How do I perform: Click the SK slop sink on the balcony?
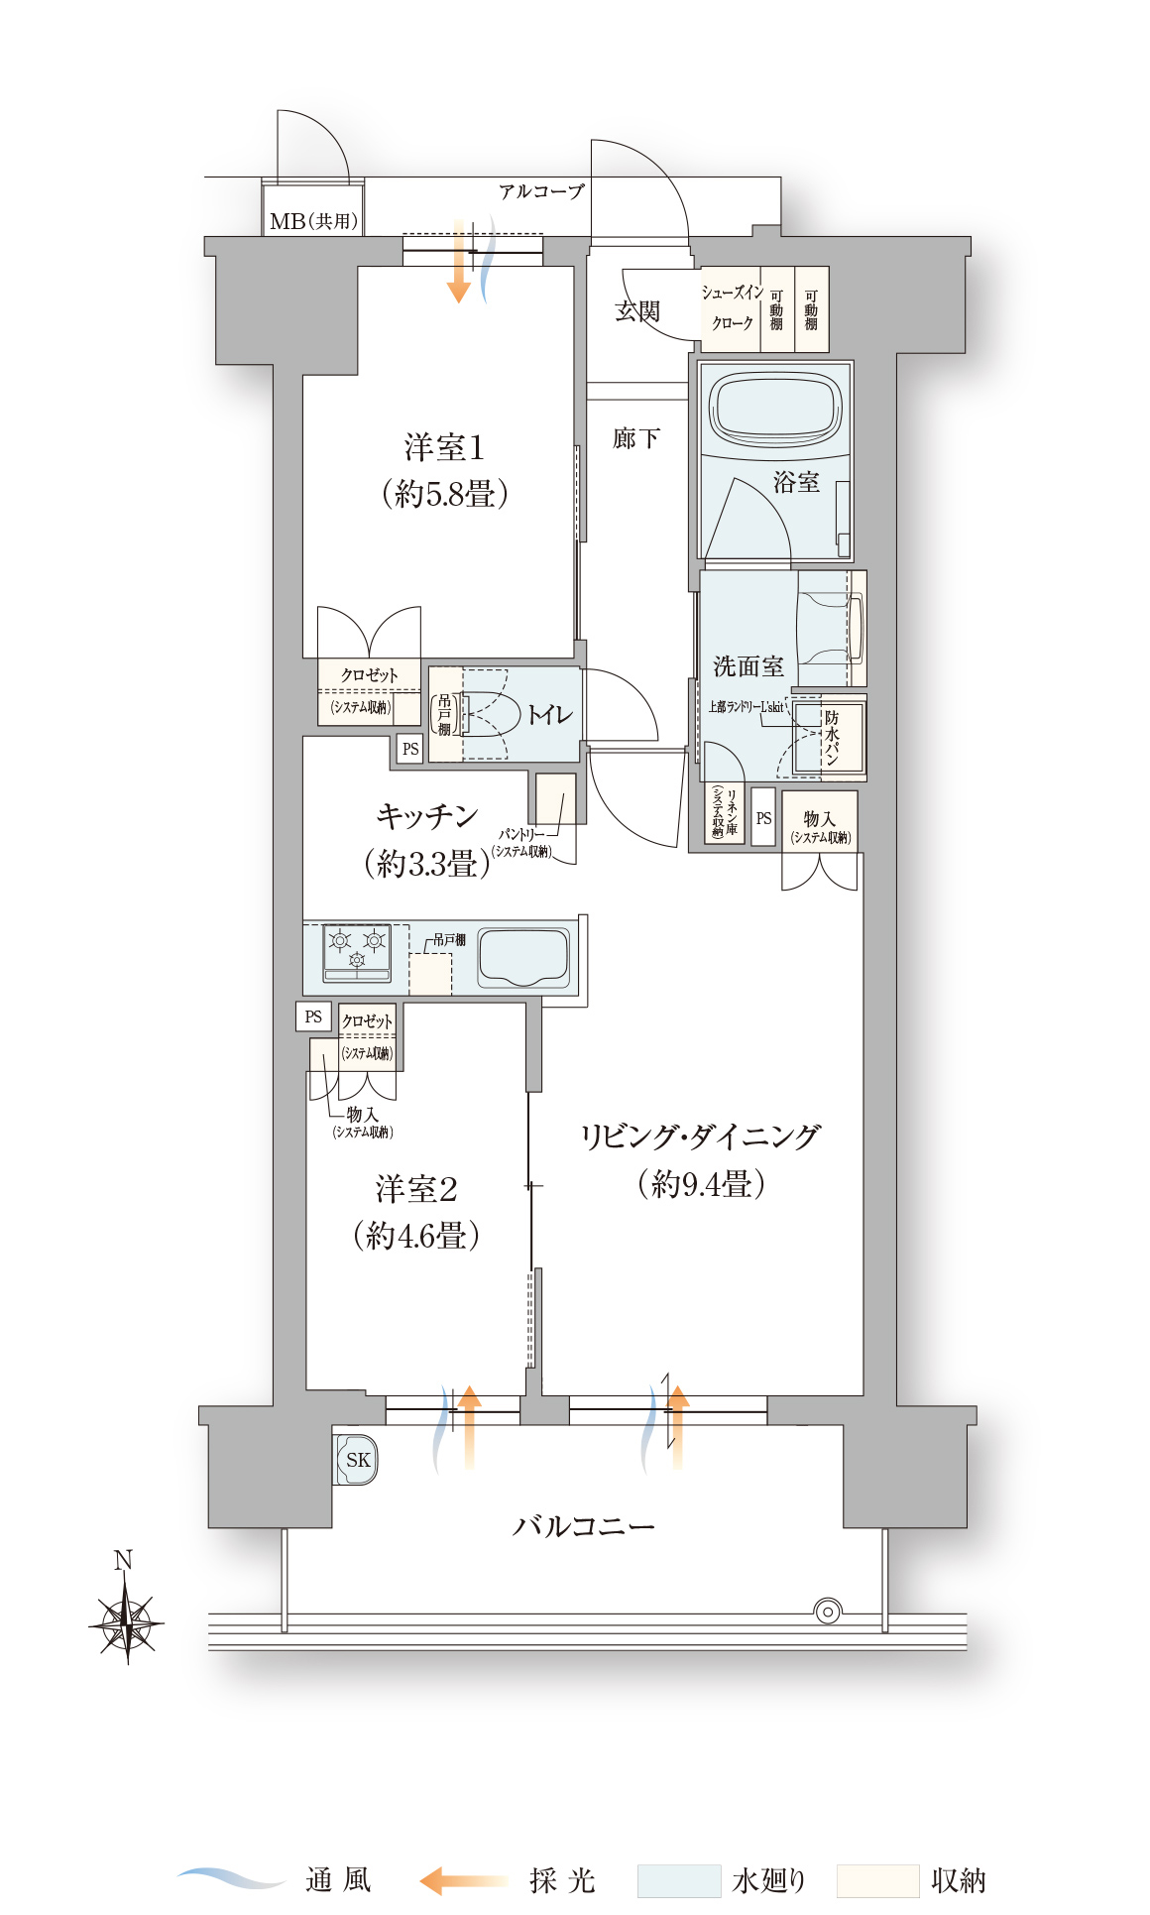tap(357, 1460)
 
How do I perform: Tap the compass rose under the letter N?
tap(127, 1624)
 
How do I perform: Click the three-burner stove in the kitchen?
tap(357, 952)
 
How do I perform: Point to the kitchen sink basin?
tap(522, 957)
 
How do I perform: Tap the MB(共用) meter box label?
tap(313, 221)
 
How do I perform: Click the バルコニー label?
tap(583, 1525)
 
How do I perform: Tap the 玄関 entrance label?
tap(636, 311)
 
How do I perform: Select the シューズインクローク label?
tap(732, 307)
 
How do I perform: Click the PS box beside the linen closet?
tap(762, 818)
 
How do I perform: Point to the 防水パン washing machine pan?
tap(831, 739)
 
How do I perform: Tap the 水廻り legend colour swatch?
tap(678, 1880)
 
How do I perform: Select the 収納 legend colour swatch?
tap(877, 1880)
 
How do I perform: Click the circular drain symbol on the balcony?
tap(827, 1611)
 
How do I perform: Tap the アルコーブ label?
tap(541, 191)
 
